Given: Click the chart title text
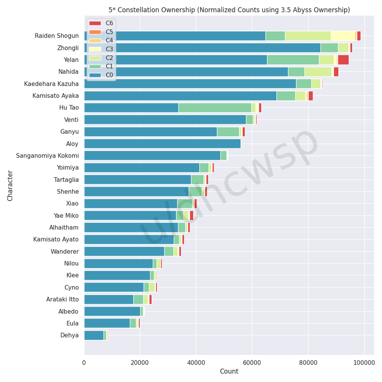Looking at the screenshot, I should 229,10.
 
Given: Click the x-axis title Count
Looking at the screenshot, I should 229,371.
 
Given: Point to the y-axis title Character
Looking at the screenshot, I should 10,185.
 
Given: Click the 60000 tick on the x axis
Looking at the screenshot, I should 252,362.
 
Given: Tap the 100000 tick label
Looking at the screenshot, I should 364,362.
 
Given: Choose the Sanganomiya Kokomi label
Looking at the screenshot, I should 47,156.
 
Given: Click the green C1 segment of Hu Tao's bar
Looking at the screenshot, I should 214,108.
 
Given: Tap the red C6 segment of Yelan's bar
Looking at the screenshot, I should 343,60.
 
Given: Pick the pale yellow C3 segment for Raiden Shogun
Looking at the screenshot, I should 342,36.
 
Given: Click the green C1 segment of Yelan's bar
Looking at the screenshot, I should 293,60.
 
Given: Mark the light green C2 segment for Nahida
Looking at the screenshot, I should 318,72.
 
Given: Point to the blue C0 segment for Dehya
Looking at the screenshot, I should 94,336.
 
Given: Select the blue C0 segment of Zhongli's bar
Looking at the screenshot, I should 204,48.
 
